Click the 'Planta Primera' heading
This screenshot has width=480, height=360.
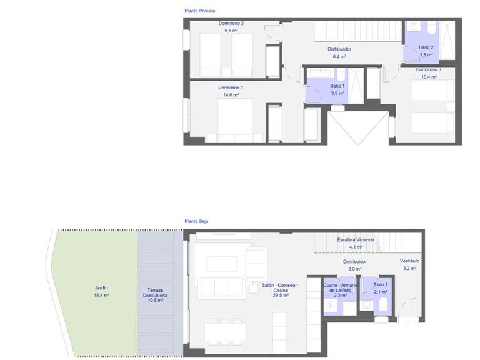point(200,11)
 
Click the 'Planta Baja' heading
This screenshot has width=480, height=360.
point(197,221)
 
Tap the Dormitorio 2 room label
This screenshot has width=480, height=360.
point(231,24)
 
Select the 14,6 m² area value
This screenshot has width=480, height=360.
point(231,94)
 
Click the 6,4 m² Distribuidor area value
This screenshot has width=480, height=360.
point(339,56)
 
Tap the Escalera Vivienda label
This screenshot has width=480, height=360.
point(355,240)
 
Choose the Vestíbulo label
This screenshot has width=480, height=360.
point(409,261)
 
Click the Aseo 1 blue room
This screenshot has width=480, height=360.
point(377,289)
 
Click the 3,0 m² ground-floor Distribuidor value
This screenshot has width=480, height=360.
point(354,269)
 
